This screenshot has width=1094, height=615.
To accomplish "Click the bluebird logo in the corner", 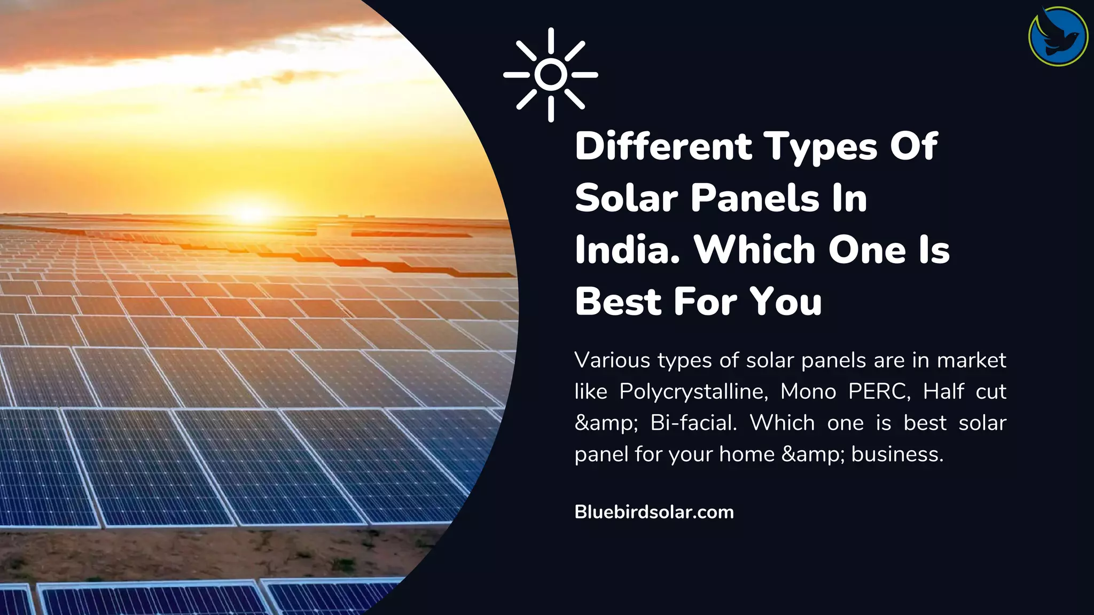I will click(x=1058, y=36).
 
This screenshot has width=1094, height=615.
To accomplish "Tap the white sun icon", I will click(x=551, y=75).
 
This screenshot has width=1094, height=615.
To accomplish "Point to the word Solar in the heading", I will click(x=626, y=198).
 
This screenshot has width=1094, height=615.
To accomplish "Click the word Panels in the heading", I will click(x=755, y=198).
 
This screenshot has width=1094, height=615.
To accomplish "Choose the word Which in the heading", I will click(x=754, y=250).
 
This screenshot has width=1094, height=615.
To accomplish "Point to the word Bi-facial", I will click(x=693, y=423).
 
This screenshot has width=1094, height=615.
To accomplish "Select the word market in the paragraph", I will click(x=972, y=360).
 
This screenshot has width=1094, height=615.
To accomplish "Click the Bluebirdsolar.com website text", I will click(x=654, y=512).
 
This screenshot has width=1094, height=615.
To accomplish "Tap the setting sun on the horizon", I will click(x=250, y=212).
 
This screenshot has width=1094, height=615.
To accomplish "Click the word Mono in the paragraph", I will click(x=808, y=392).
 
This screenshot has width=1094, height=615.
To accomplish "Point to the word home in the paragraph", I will click(x=747, y=454).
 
